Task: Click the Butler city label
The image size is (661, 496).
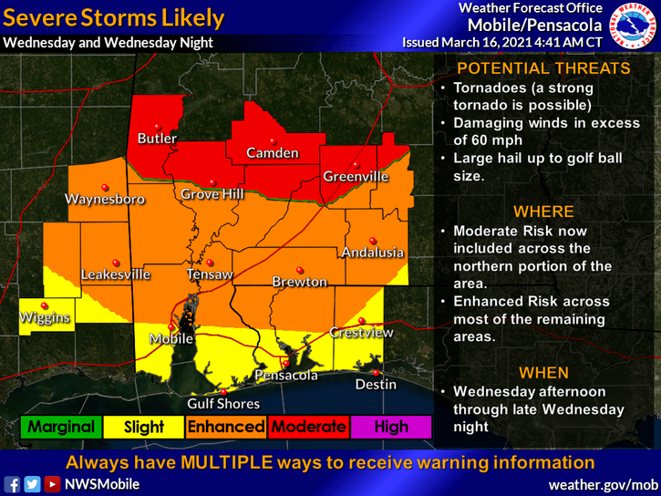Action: pyautogui.click(x=157, y=139)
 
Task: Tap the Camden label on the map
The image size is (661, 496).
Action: pyautogui.click(x=272, y=153)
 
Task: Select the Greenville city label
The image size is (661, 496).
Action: pyautogui.click(x=356, y=176)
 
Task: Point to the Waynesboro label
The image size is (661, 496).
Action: pyautogui.click(x=105, y=198)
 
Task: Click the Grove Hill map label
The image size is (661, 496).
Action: pyautogui.click(x=212, y=195)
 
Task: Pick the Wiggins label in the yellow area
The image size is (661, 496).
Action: pyautogui.click(x=46, y=318)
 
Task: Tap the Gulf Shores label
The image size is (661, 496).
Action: pyautogui.click(x=223, y=404)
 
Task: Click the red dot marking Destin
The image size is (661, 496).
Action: pyautogui.click(x=375, y=371)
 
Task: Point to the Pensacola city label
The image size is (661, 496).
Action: pyautogui.click(x=285, y=376)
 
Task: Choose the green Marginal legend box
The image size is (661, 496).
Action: pyautogui.click(x=61, y=427)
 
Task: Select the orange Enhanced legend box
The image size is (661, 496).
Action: pyautogui.click(x=226, y=427)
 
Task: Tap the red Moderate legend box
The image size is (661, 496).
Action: pyautogui.click(x=309, y=427)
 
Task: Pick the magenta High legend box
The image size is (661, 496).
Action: pyautogui.click(x=392, y=427)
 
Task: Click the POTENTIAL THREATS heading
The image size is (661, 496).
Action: pyautogui.click(x=542, y=68)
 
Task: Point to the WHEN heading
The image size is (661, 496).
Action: pyautogui.click(x=543, y=373)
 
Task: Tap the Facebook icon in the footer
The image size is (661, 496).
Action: pyautogui.click(x=13, y=484)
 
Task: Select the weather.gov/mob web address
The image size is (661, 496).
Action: pyautogui.click(x=603, y=484)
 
